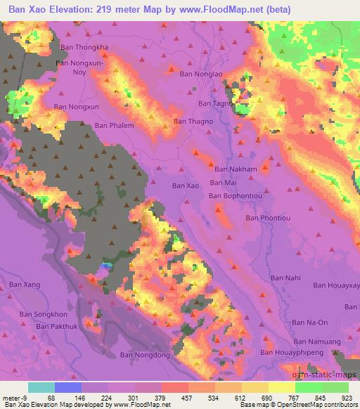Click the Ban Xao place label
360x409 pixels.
(x=186, y=185)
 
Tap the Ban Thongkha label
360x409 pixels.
(x=85, y=47)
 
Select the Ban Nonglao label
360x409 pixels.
(x=202, y=73)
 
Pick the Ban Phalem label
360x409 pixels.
(x=114, y=125)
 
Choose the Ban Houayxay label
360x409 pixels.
(x=336, y=285)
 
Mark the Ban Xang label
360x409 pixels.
(x=25, y=284)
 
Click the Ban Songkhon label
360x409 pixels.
(x=43, y=314)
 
